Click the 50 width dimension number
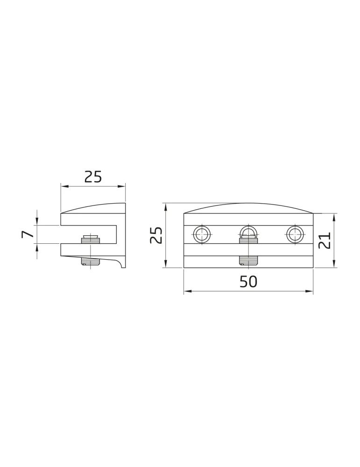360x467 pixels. pos(248,282)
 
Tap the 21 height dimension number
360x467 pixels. pos(325,241)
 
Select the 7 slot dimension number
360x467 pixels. pos(28,234)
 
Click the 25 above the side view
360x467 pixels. pos(93,177)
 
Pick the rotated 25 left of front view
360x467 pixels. pos(156,235)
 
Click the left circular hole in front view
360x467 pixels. pos(202,234)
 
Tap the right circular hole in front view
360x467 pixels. pos(295,234)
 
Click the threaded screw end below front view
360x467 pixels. pos(248,260)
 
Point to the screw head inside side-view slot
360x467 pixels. pos(91,239)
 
